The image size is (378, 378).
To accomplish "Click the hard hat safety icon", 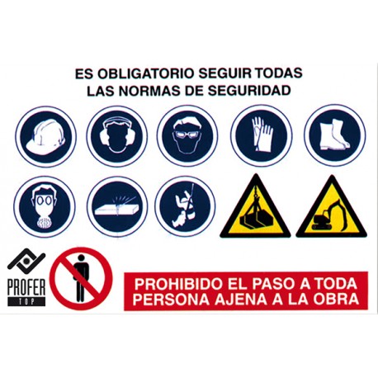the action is click(x=45, y=137).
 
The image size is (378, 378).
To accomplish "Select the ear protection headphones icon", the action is click(x=117, y=137).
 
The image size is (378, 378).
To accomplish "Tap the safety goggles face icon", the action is click(x=187, y=137).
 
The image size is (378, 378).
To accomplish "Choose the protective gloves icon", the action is click(x=262, y=136).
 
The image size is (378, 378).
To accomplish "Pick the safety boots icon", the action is click(x=335, y=135).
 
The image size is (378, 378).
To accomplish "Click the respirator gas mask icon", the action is click(x=45, y=206).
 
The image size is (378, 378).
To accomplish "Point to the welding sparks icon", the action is click(x=117, y=206).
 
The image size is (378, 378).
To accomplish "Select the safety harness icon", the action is click(x=185, y=206).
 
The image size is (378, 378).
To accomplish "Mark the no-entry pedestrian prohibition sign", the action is click(x=81, y=278).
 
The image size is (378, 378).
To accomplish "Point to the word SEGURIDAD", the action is click(x=249, y=91).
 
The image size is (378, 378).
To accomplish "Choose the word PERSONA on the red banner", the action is click(x=171, y=299).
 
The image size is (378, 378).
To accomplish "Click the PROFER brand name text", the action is click(x=26, y=287).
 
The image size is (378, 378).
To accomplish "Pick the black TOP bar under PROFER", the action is click(x=26, y=301).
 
